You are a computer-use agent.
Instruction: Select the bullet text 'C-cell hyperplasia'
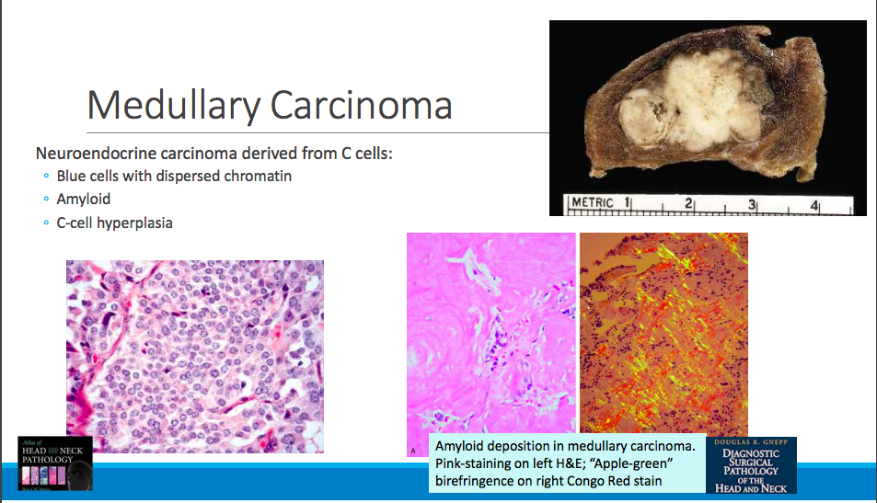pos(114,223)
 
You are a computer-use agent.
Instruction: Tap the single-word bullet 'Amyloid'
pos(84,199)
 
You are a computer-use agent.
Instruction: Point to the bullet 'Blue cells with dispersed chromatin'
pos(174,175)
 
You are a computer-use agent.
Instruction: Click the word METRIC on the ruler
pos(593,203)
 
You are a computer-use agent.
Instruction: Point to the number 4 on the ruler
pos(814,204)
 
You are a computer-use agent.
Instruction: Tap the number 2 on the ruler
pos(689,203)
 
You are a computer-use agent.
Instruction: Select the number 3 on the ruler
pos(752,204)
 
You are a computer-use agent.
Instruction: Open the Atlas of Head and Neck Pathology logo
pos(55,464)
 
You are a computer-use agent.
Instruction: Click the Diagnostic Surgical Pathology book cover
pos(751,466)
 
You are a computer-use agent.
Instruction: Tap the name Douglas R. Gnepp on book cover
pos(751,442)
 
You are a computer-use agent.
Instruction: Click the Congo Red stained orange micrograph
pos(663,331)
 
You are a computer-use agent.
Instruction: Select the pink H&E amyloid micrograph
pos(490,331)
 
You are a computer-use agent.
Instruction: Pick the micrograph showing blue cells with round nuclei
pos(194,356)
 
